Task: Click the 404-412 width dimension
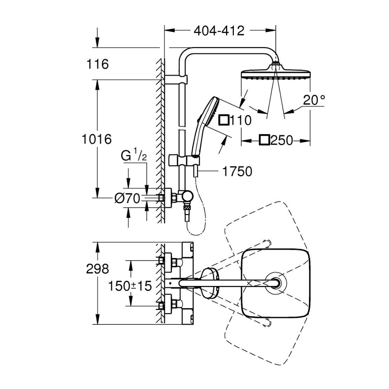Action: (x=219, y=31)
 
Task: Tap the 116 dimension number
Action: (x=98, y=64)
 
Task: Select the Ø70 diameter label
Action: (x=127, y=199)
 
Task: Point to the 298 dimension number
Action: (x=97, y=268)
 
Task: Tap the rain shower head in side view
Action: (x=276, y=74)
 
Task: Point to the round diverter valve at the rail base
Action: (x=187, y=196)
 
